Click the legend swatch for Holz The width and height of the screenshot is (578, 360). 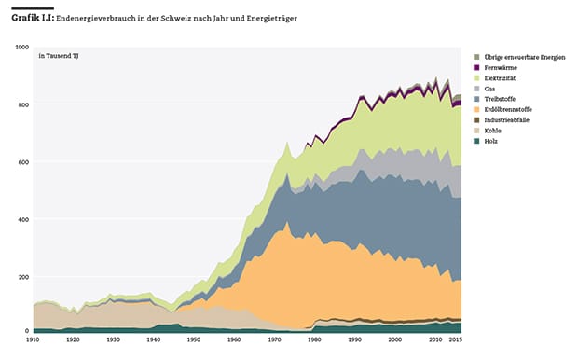476,141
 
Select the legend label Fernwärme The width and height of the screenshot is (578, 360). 501,67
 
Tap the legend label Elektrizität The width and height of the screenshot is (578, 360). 500,78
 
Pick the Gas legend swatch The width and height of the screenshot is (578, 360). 476,89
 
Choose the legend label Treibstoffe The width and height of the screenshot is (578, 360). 500,99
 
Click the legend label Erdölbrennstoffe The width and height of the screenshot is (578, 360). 508,109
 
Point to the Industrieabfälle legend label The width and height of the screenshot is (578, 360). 506,120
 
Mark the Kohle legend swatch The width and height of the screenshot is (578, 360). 476,131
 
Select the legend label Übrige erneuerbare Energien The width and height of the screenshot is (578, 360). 525,57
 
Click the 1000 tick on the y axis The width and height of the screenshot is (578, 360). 22,48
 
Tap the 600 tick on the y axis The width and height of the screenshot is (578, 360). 23,162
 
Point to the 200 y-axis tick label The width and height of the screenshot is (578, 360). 23,277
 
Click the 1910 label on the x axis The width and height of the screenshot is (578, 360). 33,339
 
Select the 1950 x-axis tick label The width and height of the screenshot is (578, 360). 194,339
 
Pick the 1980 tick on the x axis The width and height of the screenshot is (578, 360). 314,339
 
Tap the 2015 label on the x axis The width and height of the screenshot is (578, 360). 455,339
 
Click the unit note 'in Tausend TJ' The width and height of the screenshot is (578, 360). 59,56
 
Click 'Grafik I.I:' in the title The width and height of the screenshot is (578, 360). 33,18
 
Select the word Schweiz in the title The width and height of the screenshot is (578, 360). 176,18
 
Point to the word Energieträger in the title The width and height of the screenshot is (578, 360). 271,19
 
